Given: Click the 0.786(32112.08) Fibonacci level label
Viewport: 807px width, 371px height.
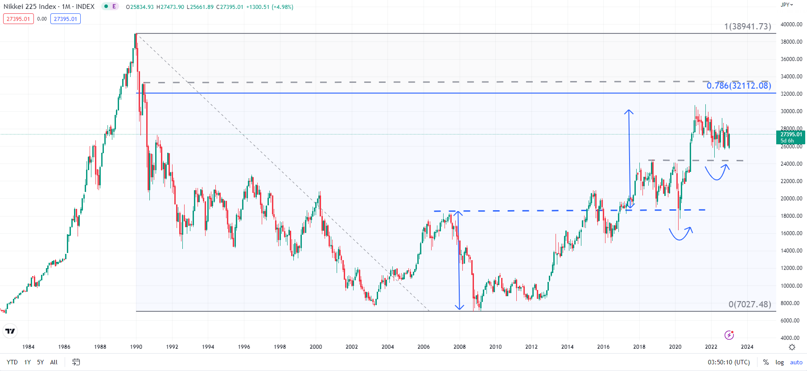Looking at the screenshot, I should (738, 86).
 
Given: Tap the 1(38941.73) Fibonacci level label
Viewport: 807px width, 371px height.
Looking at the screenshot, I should (747, 26).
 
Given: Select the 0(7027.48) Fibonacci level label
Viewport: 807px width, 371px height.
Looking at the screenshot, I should (749, 304).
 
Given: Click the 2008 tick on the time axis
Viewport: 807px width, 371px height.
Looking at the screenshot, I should (459, 347).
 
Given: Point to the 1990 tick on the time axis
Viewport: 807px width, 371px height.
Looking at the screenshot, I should (136, 347).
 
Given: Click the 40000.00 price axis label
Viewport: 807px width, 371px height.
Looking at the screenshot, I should (791, 24).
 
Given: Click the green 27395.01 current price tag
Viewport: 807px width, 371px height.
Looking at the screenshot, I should (791, 135).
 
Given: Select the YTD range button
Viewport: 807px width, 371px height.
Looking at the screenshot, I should (12, 362).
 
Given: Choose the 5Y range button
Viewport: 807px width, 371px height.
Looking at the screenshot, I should (40, 362).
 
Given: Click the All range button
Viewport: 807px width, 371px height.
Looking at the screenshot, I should (54, 362).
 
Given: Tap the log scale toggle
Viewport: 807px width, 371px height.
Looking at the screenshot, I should (779, 362).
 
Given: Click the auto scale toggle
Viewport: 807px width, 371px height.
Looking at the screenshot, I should (796, 362).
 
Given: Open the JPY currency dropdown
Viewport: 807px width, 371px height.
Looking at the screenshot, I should (786, 5).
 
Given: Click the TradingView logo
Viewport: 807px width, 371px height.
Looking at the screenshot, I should (10, 331).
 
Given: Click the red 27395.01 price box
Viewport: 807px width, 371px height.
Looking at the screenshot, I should (18, 19).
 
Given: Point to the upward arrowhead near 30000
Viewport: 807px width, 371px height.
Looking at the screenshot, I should (629, 111).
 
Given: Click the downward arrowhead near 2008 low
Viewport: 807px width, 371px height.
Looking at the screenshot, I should (459, 307).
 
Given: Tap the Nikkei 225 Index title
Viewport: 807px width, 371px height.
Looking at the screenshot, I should (30, 7).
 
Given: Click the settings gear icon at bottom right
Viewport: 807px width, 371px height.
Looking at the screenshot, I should (792, 347).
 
